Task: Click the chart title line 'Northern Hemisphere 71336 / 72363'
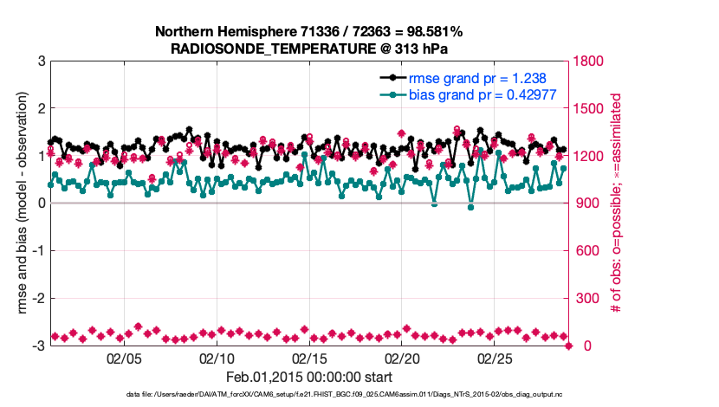(x=309, y=31)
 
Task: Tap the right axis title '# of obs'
(x=617, y=203)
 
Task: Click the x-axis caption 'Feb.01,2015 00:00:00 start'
(x=309, y=377)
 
